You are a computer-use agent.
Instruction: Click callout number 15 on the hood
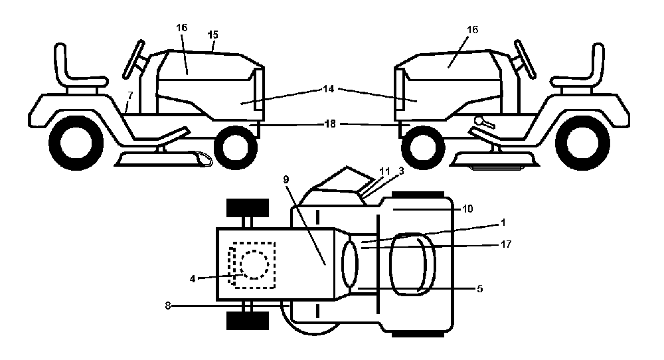[x=213, y=35]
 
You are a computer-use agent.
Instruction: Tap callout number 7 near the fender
[x=130, y=95]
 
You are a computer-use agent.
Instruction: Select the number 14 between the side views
[x=328, y=89]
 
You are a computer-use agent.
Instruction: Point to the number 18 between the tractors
[x=330, y=124]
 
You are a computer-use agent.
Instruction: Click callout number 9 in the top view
[x=286, y=179]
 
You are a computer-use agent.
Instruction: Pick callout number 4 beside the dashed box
[x=193, y=279]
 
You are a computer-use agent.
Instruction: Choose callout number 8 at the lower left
[x=168, y=306]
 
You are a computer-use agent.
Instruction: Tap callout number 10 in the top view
[x=467, y=209]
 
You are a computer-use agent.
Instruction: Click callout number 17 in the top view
[x=505, y=244]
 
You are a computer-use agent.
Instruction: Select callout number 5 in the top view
[x=479, y=289]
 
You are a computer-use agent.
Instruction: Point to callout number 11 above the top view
[x=384, y=171]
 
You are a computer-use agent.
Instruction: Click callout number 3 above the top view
[x=401, y=171]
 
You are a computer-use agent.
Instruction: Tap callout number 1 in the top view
[x=503, y=223]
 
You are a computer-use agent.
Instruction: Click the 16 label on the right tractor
[x=472, y=30]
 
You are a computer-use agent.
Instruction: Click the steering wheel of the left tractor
[x=134, y=60]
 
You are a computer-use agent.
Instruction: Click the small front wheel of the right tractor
[x=422, y=147]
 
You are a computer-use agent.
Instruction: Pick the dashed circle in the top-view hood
[x=254, y=264]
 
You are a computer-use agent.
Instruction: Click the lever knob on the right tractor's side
[x=479, y=121]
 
